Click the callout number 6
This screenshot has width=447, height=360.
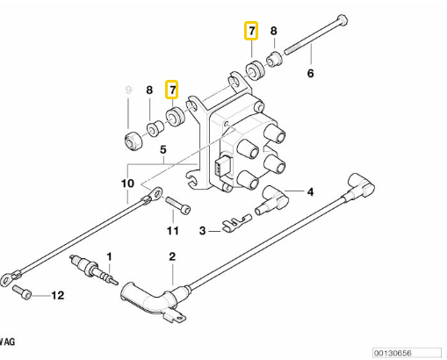point(311,73)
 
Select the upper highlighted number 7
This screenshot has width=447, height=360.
point(251,31)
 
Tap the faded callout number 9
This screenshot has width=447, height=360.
point(128,90)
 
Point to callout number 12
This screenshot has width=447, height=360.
point(58,295)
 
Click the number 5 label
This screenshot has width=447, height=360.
point(163,149)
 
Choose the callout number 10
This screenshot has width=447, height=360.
point(127,184)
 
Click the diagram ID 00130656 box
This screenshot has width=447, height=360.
point(407,353)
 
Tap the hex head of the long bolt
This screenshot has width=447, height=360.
point(342,20)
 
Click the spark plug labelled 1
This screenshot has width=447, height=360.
point(93,270)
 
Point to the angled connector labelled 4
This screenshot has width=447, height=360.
point(271,200)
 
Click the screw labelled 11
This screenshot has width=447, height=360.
point(178,205)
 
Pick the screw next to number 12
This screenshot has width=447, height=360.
point(22,292)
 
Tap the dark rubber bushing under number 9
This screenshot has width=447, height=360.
point(133,141)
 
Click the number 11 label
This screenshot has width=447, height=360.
point(173,231)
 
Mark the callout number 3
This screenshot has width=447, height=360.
point(203,231)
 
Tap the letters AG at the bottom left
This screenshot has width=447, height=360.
point(9,342)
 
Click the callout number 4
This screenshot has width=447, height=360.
point(310,192)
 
